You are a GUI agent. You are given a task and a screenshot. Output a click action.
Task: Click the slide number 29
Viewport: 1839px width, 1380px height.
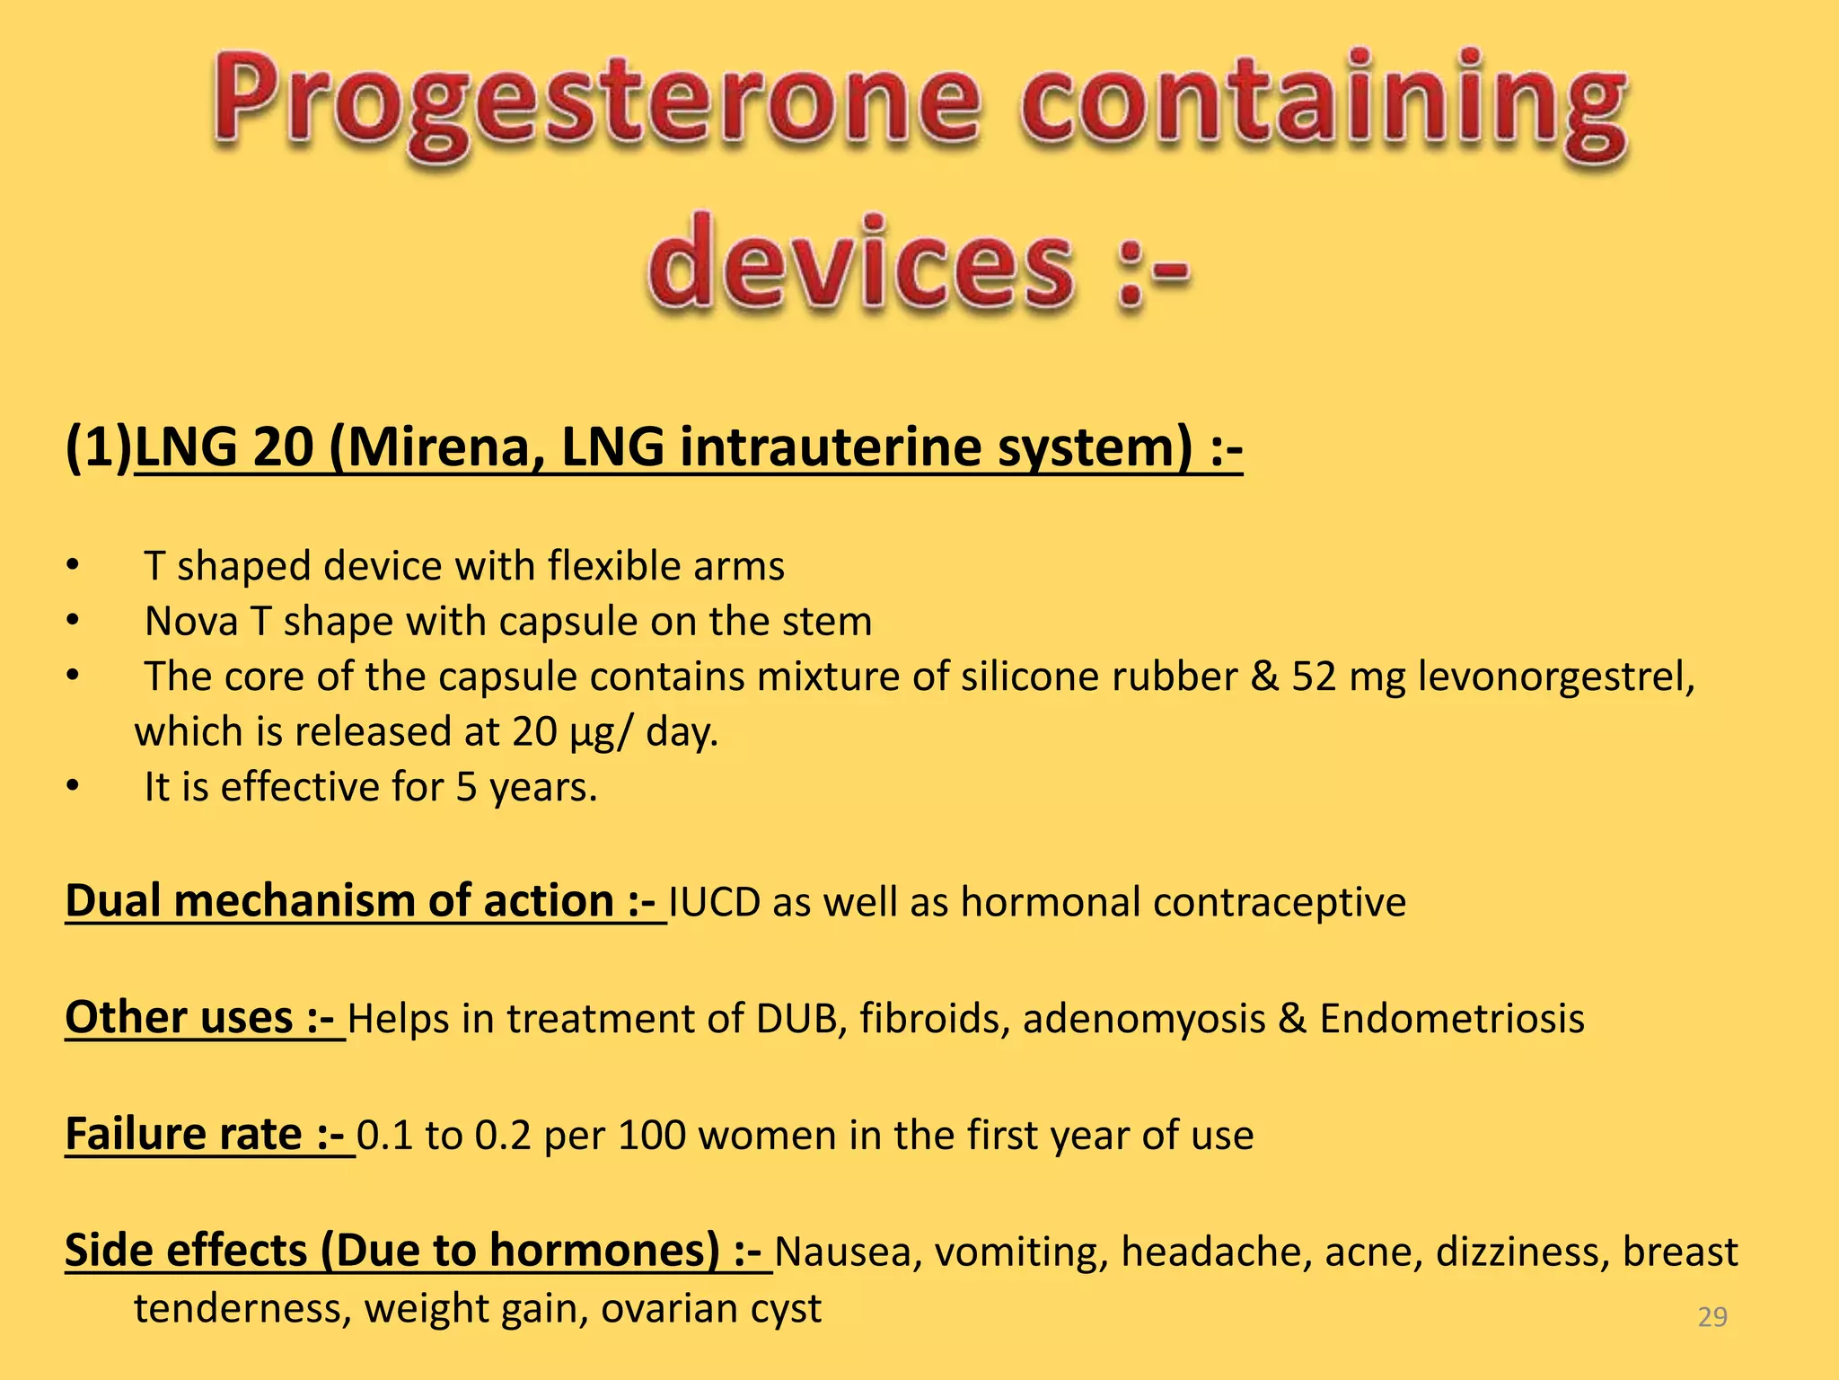1712,1317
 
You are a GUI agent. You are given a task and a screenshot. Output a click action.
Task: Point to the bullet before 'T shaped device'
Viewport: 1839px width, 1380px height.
73,566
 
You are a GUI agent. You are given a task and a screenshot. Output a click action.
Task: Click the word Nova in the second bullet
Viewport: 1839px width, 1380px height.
190,622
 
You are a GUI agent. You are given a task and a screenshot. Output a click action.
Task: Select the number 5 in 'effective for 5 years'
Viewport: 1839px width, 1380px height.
466,788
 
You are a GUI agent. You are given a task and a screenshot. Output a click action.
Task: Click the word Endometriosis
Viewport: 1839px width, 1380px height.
1451,1019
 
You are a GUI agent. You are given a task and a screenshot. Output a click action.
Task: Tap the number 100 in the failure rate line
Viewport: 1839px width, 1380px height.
652,1136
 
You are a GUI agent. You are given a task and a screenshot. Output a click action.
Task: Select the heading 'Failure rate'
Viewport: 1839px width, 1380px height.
184,1135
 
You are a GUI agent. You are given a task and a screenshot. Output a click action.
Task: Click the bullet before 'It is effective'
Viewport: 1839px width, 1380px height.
73,788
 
